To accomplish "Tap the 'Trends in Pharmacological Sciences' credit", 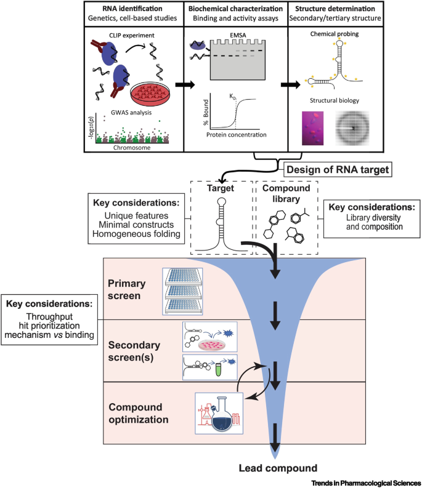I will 367,482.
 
